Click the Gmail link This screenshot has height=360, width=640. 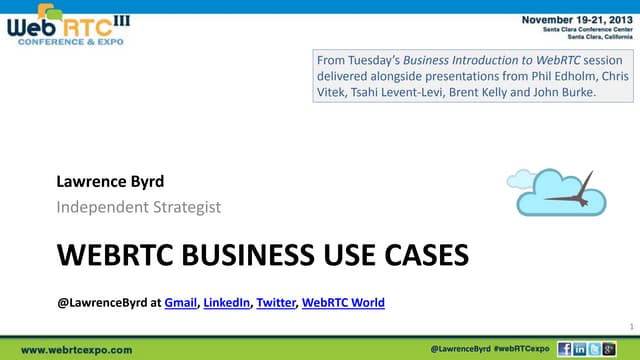(x=180, y=302)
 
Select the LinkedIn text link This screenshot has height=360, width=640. (x=227, y=302)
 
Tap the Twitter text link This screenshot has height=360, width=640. (x=276, y=302)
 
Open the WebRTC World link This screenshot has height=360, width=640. (x=343, y=302)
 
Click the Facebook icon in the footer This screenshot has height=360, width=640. (x=566, y=349)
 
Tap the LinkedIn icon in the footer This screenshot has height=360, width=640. (x=581, y=349)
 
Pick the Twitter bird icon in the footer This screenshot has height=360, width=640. (x=596, y=349)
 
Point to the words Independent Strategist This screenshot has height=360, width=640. (x=138, y=207)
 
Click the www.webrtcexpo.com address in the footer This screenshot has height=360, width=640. (x=77, y=350)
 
